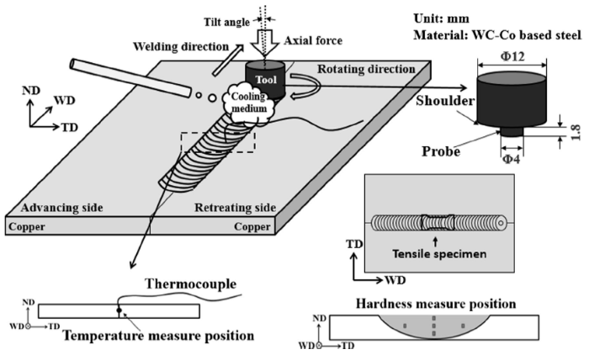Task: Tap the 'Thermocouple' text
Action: (185, 283)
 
